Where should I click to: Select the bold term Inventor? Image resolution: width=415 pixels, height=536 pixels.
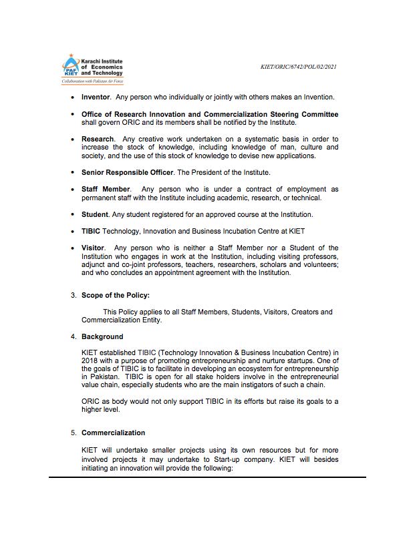(x=96, y=97)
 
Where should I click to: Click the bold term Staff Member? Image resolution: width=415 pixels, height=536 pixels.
(x=106, y=190)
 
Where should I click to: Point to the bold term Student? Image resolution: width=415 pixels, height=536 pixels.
(x=94, y=214)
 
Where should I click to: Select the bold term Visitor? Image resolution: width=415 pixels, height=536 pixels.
(x=93, y=248)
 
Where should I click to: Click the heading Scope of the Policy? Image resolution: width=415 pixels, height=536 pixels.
(x=116, y=294)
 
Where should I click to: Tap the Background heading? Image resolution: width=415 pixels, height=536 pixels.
(x=102, y=336)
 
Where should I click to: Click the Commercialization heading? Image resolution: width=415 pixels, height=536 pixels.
(x=113, y=433)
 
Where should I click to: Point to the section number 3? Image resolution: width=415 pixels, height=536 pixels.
(x=74, y=294)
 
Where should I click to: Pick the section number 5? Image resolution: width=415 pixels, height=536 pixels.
(x=74, y=433)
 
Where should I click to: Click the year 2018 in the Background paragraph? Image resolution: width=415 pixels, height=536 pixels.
(x=90, y=361)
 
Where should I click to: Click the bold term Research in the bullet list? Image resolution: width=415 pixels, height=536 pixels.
(x=98, y=139)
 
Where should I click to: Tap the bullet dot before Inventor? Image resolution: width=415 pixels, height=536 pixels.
(x=74, y=97)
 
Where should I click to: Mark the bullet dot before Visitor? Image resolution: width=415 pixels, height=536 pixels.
(x=74, y=248)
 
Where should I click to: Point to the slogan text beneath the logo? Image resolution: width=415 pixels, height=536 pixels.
(x=92, y=81)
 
